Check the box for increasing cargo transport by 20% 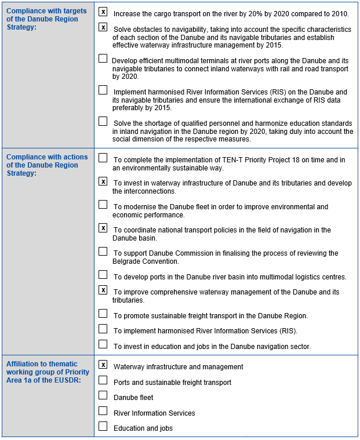pyautogui.click(x=103, y=12)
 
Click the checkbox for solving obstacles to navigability pyautogui.click(x=103, y=27)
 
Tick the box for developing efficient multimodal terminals pyautogui.click(x=103, y=59)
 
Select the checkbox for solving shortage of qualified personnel pyautogui.click(x=103, y=122)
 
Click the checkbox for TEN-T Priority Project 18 pyautogui.click(x=103, y=158)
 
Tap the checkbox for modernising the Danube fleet pyautogui.click(x=103, y=205)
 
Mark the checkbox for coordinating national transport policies pyautogui.click(x=103, y=228)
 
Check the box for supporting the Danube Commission pyautogui.click(x=103, y=252)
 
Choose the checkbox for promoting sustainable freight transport pyautogui.click(x=103, y=314)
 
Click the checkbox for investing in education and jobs pyautogui.click(x=103, y=344)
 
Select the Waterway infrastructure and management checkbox pyautogui.click(x=103, y=365)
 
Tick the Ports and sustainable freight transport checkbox pyautogui.click(x=103, y=380)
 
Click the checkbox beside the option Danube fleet pyautogui.click(x=103, y=395)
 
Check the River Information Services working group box pyautogui.click(x=103, y=411)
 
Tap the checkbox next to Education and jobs pyautogui.click(x=103, y=427)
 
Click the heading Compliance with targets pyautogui.click(x=46, y=12)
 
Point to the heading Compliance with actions pyautogui.click(x=47, y=157)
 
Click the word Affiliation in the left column pyautogui.click(x=23, y=364)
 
